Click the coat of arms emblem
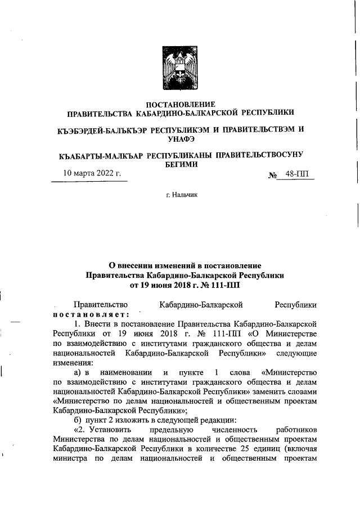181,68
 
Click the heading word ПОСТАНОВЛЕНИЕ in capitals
181,105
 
